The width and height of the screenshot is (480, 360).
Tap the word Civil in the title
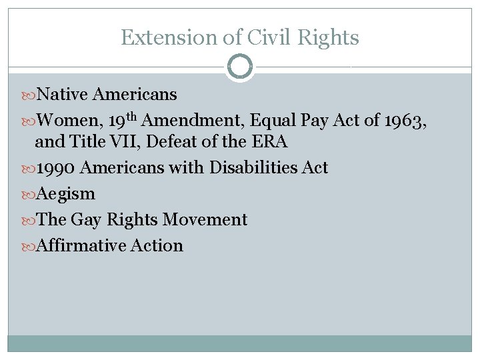point(261,38)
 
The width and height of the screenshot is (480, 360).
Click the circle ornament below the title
point(239,67)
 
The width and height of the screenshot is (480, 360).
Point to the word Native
point(63,95)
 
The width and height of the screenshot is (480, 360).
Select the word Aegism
point(65,194)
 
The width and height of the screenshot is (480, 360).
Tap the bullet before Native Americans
point(27,95)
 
